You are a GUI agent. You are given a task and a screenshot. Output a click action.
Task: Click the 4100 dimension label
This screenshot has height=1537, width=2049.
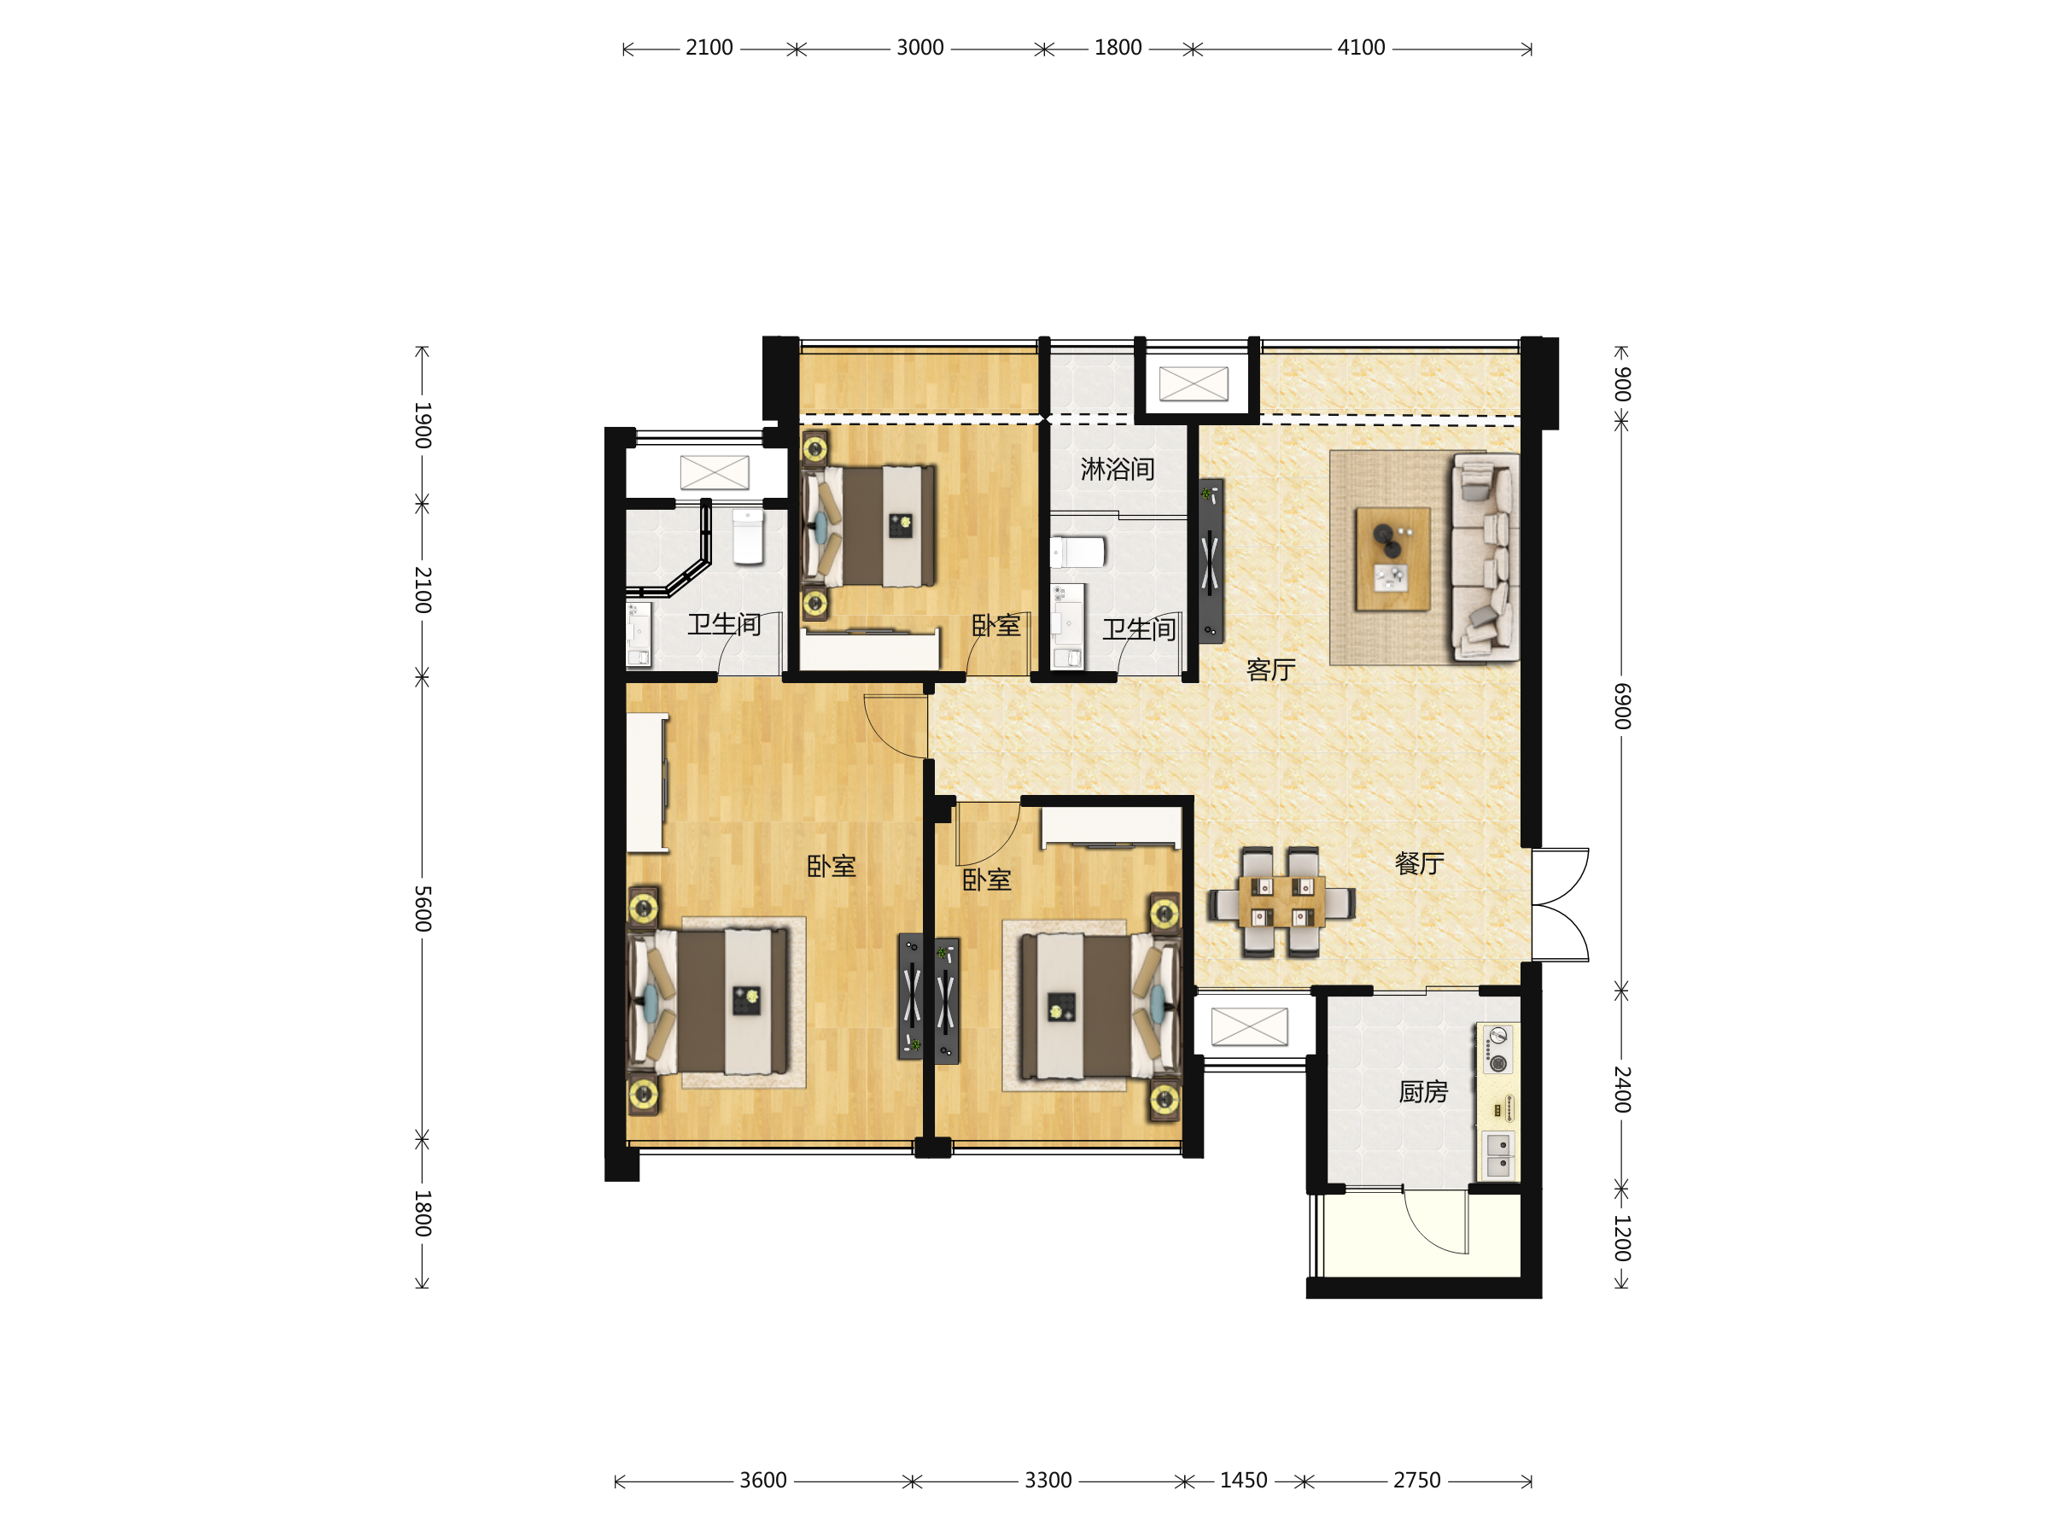point(1361,47)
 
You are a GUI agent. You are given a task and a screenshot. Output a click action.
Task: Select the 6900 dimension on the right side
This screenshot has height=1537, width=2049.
point(1622,706)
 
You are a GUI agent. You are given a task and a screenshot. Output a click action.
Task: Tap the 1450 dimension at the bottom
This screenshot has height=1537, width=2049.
point(1243,1481)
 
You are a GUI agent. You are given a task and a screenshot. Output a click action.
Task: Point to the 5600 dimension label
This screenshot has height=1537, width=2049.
point(423,908)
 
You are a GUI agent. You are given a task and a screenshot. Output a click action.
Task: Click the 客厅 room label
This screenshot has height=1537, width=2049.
point(1271,669)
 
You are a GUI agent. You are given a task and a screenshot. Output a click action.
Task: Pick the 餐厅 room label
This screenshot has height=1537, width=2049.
point(1419,863)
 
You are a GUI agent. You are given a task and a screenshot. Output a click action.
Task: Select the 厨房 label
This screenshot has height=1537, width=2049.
point(1423,1092)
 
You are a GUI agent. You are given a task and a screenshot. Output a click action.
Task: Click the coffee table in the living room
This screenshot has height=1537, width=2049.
point(1392,558)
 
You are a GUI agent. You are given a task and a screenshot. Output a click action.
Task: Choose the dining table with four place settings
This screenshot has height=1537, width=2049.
point(1282,902)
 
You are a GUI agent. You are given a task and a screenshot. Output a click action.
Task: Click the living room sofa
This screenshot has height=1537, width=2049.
point(1485,557)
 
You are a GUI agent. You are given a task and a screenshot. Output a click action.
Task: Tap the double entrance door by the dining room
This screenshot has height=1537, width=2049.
point(1560,904)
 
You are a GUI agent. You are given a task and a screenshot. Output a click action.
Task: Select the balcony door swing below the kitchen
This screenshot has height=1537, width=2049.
point(1436,1221)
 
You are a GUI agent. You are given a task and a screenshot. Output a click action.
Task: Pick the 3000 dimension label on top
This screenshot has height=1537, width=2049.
point(919,47)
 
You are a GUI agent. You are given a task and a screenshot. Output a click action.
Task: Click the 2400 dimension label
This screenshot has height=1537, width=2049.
point(1622,1090)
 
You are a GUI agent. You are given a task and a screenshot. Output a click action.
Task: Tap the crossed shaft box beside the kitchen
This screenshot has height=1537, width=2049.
point(1250,1026)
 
